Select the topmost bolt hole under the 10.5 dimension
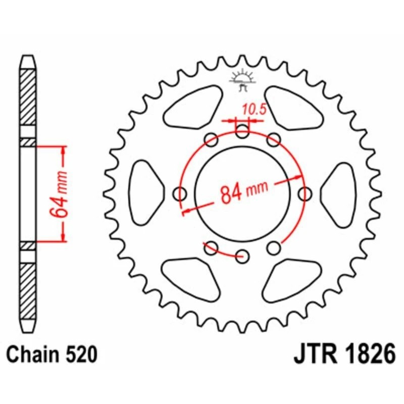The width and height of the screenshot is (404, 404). coord(242,133)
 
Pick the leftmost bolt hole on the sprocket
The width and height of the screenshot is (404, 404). coord(180,193)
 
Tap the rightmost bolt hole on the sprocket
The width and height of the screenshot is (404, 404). coord(305,193)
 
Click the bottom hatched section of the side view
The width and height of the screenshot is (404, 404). coord(28,290)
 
